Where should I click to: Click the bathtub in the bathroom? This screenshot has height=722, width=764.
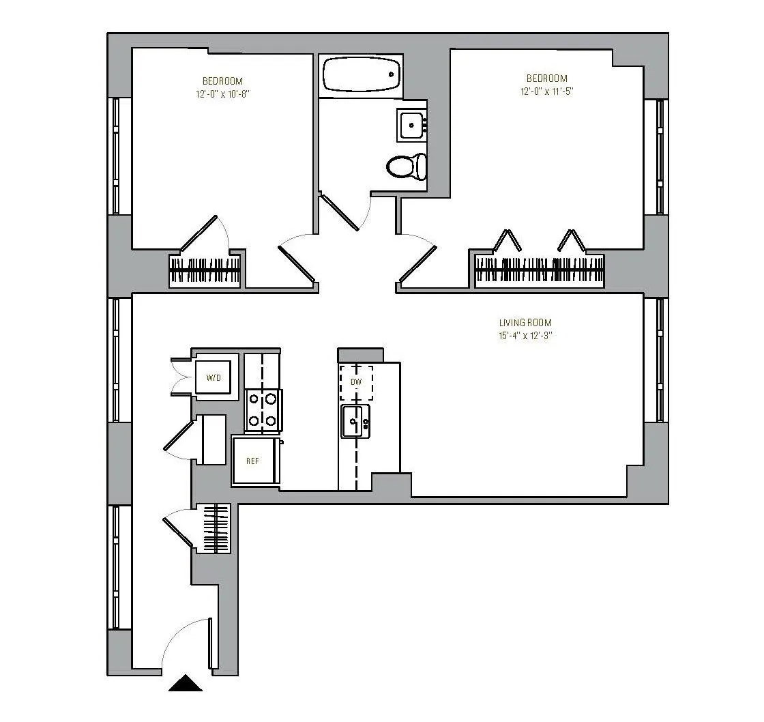361,74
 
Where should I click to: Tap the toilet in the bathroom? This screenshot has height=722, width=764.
407,166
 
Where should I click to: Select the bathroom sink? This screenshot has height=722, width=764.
411,125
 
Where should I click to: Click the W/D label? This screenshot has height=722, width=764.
214,377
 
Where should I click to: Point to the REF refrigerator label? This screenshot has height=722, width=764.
252,461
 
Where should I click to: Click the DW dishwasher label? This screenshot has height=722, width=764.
355,382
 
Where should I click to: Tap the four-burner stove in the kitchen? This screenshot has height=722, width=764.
263,409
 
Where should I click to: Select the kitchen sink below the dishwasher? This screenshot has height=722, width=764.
355,422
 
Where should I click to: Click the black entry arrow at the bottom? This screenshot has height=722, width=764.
186,683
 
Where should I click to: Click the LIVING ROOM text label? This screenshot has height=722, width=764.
525,323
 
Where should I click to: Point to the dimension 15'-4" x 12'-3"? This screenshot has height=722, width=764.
525,336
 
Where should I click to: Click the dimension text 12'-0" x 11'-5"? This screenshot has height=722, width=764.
546,91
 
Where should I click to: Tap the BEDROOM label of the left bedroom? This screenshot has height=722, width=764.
222,81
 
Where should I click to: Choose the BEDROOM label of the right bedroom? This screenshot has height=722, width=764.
546,78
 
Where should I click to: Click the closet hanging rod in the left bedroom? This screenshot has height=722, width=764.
205,272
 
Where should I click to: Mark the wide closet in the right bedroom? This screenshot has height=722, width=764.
539,271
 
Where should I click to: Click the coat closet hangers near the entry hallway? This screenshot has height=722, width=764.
216,528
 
